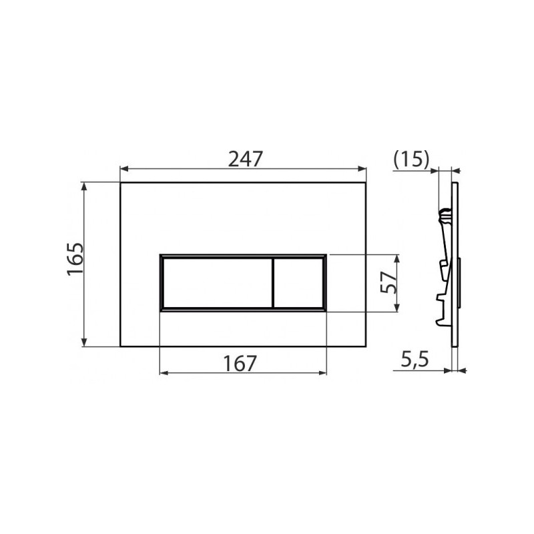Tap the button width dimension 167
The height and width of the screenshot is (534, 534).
(x=240, y=363)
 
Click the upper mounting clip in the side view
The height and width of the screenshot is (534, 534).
(x=444, y=215)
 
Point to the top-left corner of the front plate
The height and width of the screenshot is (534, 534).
(x=121, y=182)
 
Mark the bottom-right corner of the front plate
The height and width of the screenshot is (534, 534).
(x=366, y=346)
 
